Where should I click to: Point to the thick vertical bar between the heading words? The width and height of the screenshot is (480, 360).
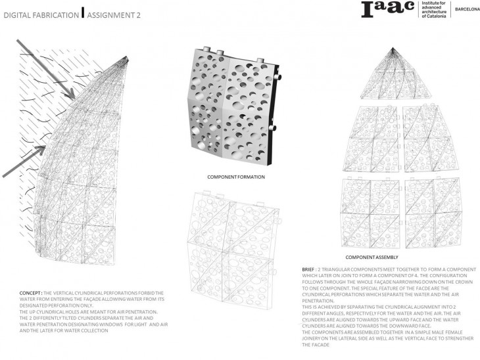[82, 12]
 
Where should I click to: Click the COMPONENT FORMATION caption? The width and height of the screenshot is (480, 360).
[235, 177]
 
